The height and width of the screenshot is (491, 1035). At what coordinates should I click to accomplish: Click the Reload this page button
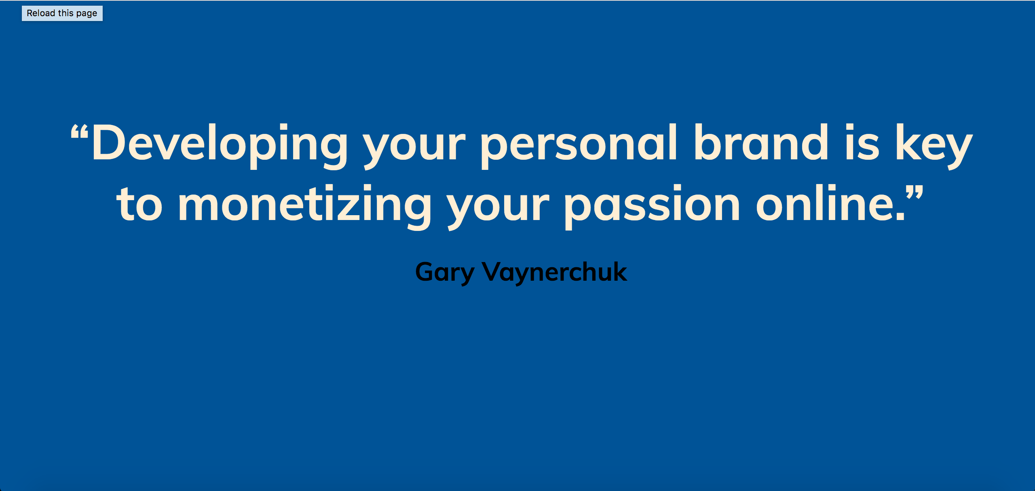coord(62,13)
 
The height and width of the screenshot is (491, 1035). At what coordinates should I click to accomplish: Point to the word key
coord(934,143)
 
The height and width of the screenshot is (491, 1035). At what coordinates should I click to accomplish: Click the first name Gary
coord(444,272)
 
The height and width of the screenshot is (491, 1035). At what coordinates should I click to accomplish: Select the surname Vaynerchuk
coord(554,272)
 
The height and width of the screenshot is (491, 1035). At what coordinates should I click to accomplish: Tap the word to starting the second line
coord(139,205)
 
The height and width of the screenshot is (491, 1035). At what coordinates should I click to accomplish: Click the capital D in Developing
coord(107,142)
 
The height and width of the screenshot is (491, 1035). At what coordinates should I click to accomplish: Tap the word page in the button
coord(87,14)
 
